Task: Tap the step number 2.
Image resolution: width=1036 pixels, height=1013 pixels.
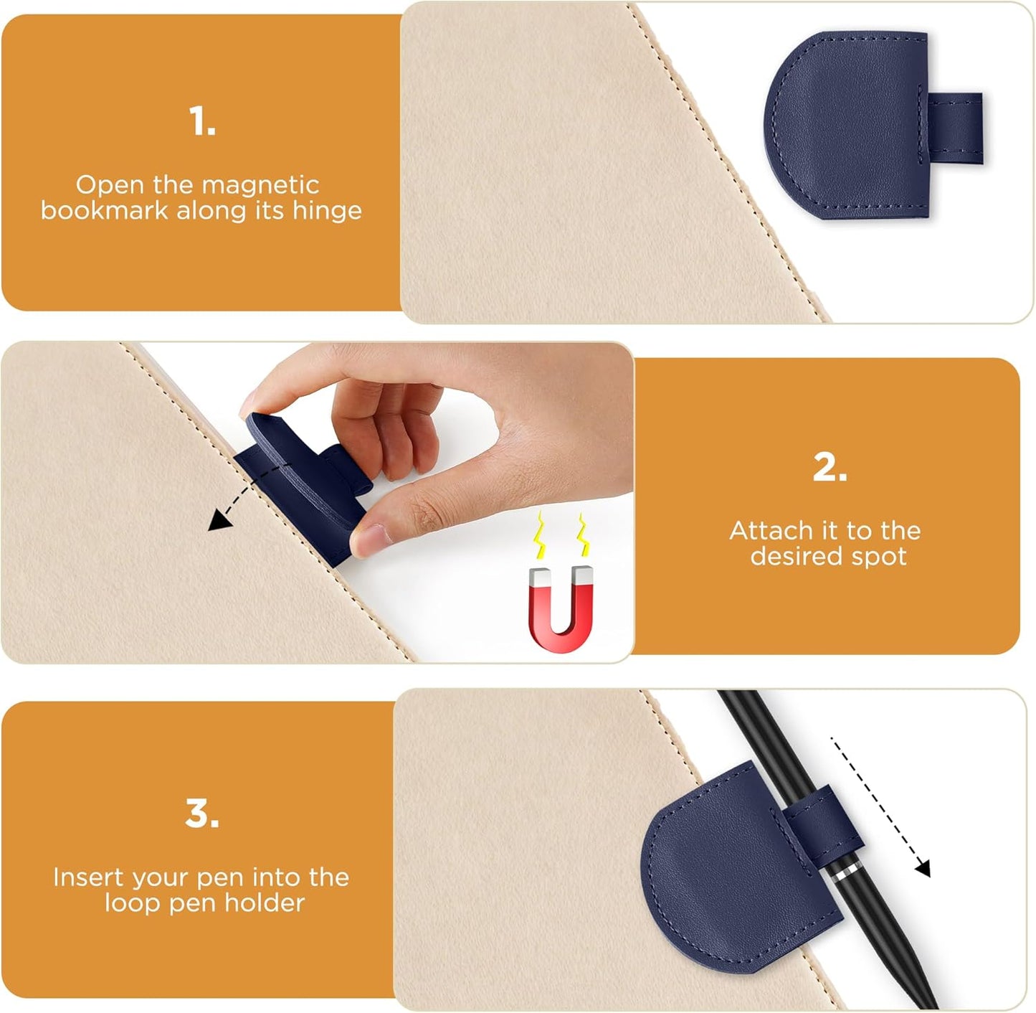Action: tap(830, 468)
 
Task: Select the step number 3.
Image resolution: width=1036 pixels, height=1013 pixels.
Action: tap(201, 814)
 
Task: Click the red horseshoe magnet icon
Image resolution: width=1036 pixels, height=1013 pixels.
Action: tap(561, 610)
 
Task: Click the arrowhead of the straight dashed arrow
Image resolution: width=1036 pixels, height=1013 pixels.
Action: tap(923, 869)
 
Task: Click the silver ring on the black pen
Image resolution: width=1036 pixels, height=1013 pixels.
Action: tap(846, 873)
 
